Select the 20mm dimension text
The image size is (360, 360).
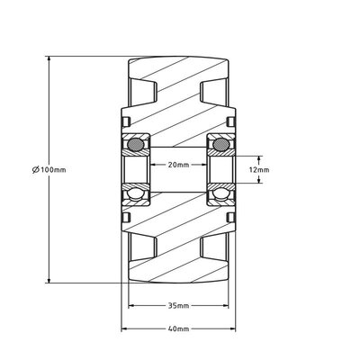pos(177,165)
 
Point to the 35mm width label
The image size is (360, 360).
pos(177,304)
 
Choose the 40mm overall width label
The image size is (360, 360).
pos(177,329)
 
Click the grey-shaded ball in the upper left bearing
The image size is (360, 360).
pos(137,143)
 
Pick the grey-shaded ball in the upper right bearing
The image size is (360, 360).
pos(219,143)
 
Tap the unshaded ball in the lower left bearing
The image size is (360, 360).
pos(137,194)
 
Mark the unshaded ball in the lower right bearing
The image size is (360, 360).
pos(219,194)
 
